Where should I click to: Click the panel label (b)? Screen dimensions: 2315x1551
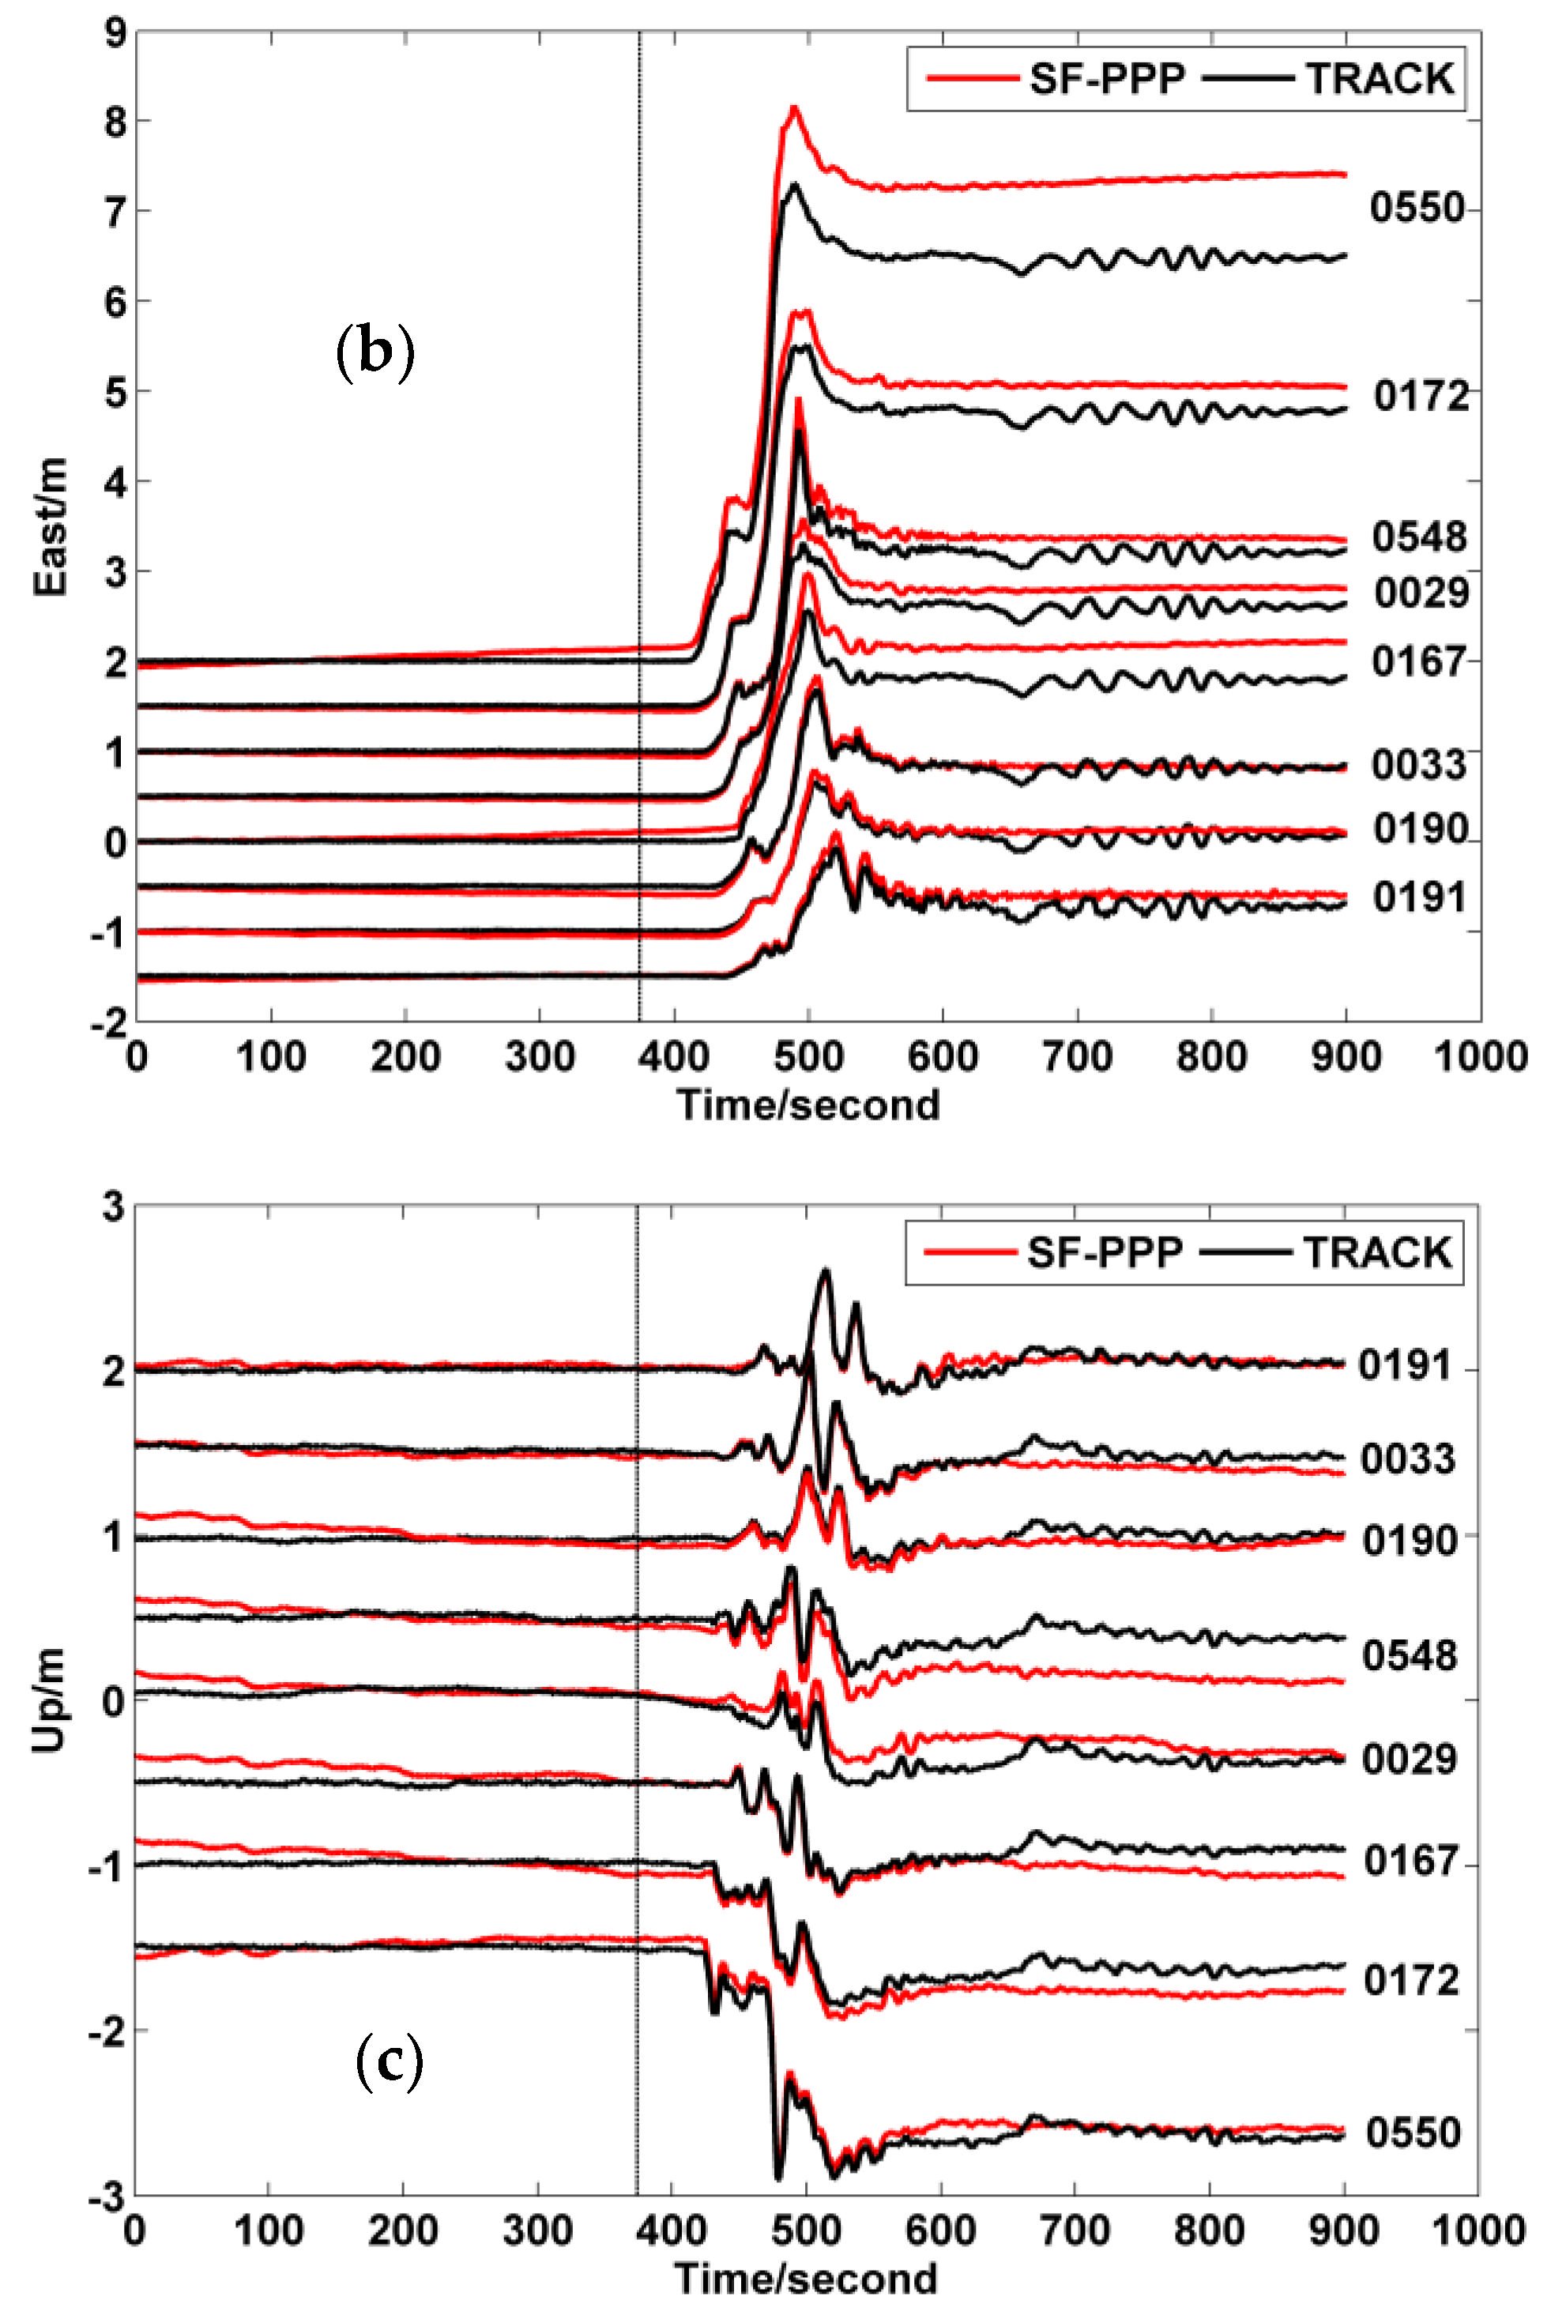pos(375,353)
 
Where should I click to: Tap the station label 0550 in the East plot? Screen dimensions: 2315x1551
pos(1417,208)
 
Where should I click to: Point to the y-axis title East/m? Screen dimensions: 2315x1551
pos(51,526)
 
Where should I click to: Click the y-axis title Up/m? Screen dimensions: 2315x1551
pos(50,1700)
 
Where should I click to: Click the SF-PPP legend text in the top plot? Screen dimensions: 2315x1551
pos(1107,79)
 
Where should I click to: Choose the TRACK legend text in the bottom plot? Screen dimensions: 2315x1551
pos(1377,1252)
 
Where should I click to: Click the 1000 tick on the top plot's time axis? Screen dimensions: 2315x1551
pos(1481,1057)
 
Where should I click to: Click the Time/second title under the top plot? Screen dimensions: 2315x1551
pos(808,1105)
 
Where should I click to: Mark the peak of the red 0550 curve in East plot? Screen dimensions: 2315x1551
pos(793,107)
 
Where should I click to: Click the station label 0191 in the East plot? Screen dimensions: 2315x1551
pos(1418,897)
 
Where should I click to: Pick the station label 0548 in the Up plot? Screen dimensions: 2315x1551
pos(1409,1655)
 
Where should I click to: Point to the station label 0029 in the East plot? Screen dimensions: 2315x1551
pos(1421,593)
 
